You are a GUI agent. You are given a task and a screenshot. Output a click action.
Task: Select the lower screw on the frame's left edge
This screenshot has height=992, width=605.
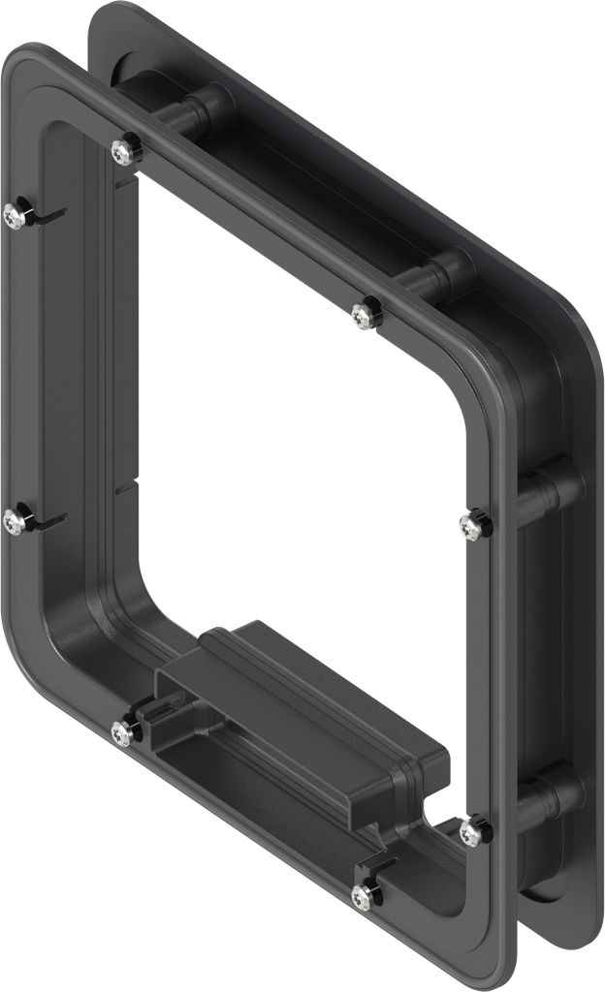(14, 522)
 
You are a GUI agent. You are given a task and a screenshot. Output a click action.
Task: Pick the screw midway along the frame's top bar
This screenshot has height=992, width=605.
(363, 316)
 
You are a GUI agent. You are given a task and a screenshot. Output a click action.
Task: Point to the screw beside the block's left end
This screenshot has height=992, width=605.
(123, 734)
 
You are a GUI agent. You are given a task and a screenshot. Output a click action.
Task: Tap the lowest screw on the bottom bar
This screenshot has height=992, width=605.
(365, 897)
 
